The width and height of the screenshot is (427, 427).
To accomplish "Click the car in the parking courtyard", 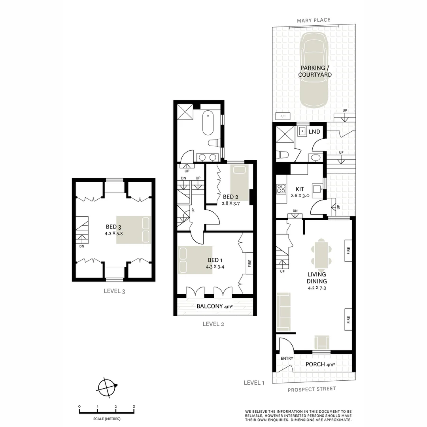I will [x=315, y=70].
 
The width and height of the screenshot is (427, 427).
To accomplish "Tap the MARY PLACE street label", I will [x=314, y=20].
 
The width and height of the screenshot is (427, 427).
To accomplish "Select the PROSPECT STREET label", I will [x=312, y=389].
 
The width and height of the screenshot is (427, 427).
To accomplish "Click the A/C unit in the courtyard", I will [x=283, y=116].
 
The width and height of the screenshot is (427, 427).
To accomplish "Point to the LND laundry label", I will [x=314, y=132].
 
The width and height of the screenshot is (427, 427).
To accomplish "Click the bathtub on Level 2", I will [x=208, y=123].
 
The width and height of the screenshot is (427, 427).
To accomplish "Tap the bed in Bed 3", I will [x=134, y=230].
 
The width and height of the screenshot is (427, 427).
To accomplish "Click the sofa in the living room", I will [x=283, y=312].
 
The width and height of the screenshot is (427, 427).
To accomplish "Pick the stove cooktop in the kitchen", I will [x=281, y=189].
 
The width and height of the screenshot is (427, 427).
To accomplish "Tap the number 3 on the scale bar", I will [x=134, y=406].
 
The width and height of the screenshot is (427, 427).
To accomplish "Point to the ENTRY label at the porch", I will [x=287, y=358].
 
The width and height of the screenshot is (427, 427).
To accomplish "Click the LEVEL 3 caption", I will [x=114, y=291].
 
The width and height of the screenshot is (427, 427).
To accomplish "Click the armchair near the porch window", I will [x=321, y=341].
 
